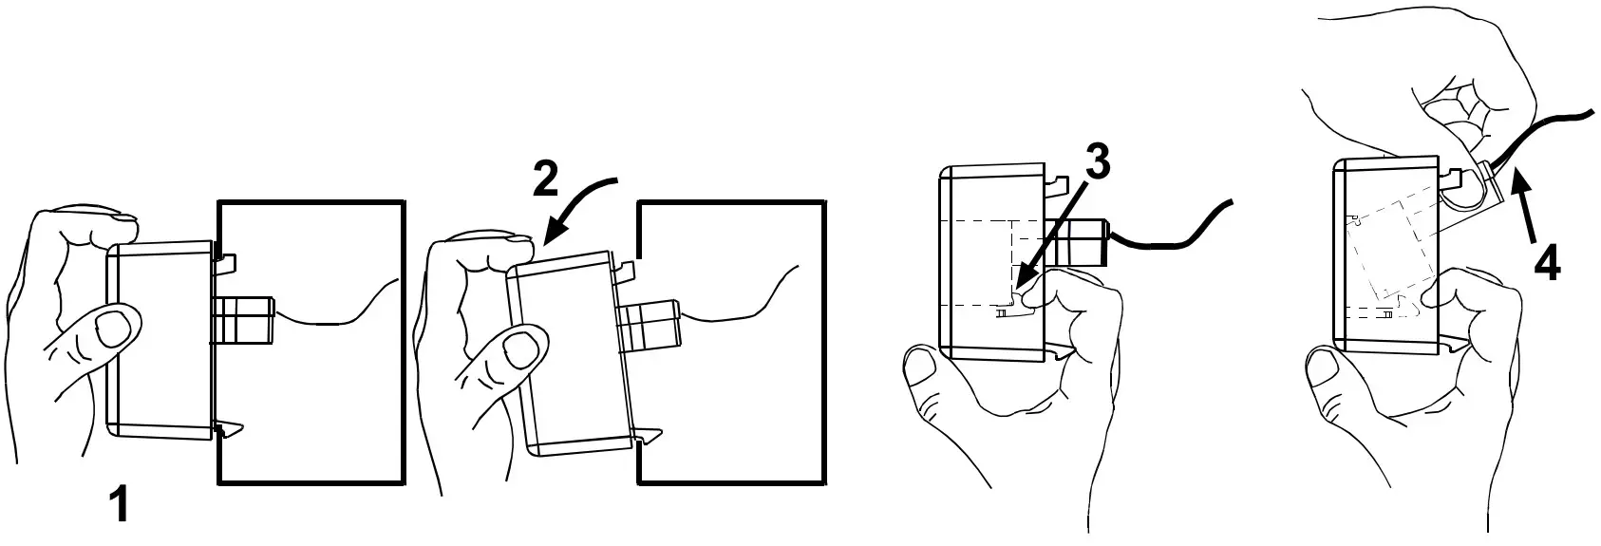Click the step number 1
119,503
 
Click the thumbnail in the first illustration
116,329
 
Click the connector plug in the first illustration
244,319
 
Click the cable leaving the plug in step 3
1177,234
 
